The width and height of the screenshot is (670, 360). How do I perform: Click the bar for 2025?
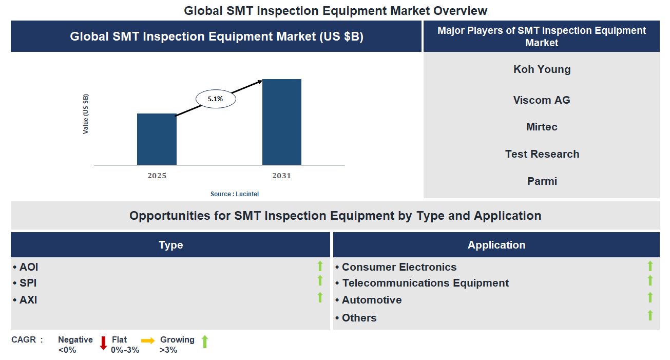pos(157,139)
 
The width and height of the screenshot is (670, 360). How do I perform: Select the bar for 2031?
pos(281,122)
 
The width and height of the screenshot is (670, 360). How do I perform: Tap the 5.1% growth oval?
pos(216,99)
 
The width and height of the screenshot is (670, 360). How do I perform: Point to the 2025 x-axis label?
pos(157,176)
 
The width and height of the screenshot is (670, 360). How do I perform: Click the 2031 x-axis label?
pos(281,176)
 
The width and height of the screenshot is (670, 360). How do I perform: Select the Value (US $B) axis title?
pos(86,114)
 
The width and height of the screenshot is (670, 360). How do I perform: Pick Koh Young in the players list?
pos(542,69)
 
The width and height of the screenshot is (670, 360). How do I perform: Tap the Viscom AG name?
pos(542,100)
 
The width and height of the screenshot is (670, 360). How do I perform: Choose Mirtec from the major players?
pos(542,127)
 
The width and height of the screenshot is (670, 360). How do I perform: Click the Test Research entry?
pos(542,154)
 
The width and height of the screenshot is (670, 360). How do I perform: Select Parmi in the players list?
pos(542,181)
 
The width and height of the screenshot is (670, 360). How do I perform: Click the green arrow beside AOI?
pos(320,266)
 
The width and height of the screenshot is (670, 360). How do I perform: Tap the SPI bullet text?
pos(28,283)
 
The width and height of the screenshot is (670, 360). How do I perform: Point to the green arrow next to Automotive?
pos(650,297)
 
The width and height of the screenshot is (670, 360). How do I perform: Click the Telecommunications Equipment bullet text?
pos(425,283)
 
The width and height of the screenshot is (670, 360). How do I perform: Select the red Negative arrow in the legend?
pos(103,343)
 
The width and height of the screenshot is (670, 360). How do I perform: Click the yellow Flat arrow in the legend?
pos(148,340)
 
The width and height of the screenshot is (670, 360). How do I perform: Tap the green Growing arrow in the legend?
pos(204,342)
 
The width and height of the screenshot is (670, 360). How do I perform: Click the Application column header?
pos(496,245)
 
